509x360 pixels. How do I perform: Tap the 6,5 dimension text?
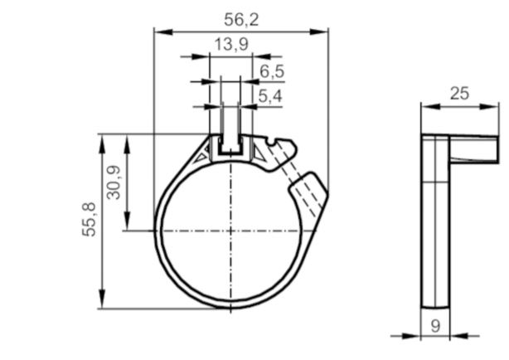(x=271, y=71)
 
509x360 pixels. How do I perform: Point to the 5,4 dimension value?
(x=270, y=96)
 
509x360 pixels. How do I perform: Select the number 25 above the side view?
(x=459, y=94)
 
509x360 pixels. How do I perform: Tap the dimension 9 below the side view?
(x=435, y=326)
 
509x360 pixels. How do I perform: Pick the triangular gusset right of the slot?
(x=259, y=153)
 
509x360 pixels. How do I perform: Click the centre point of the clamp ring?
(x=230, y=231)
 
